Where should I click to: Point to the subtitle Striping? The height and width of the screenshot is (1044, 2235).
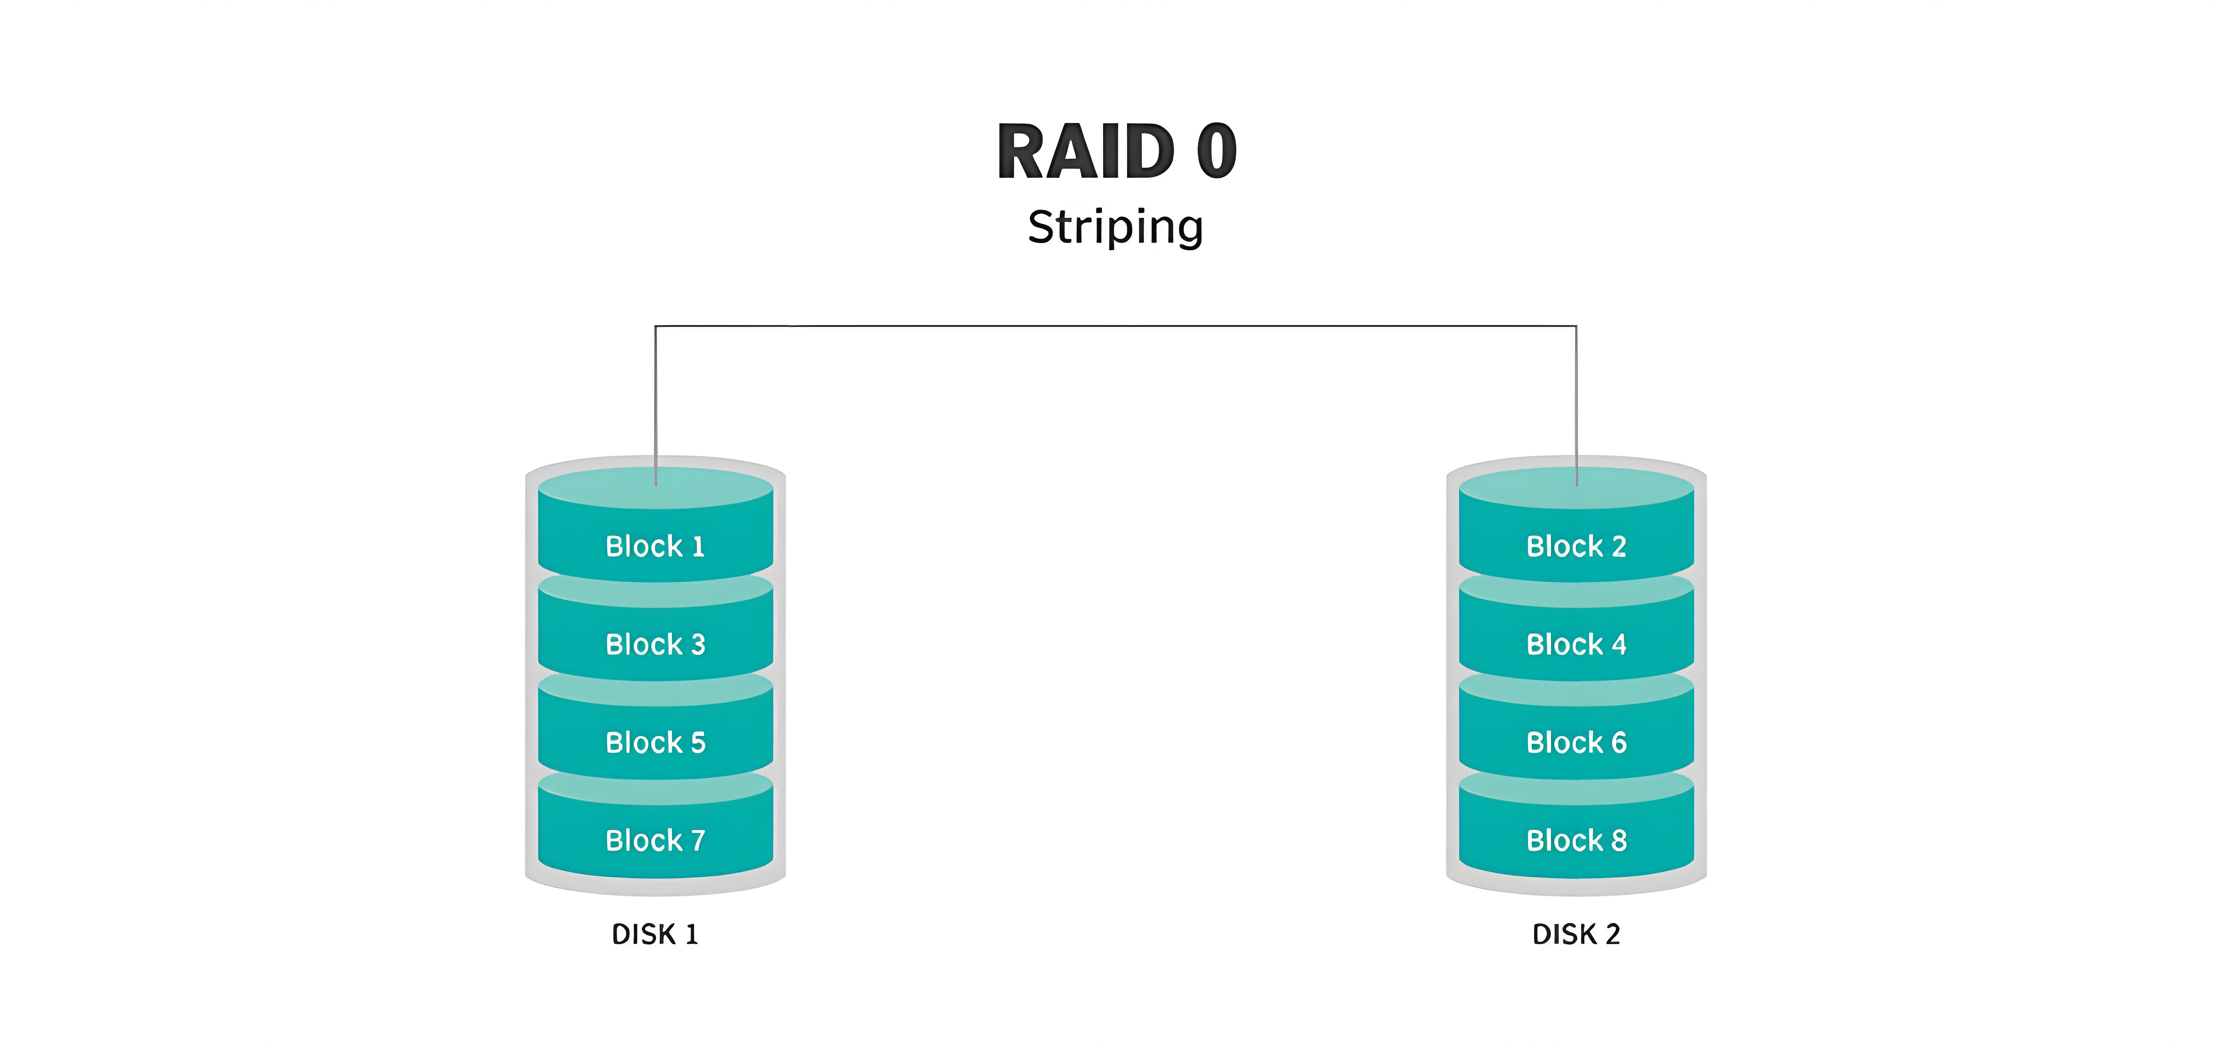pyautogui.click(x=1116, y=227)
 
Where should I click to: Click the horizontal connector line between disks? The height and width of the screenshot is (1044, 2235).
pyautogui.click(x=1116, y=326)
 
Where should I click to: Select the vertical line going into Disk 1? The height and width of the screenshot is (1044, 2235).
pyautogui.click(x=655, y=399)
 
